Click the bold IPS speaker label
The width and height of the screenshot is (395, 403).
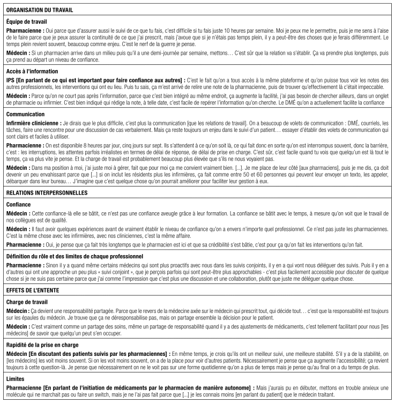click(x=10, y=80)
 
